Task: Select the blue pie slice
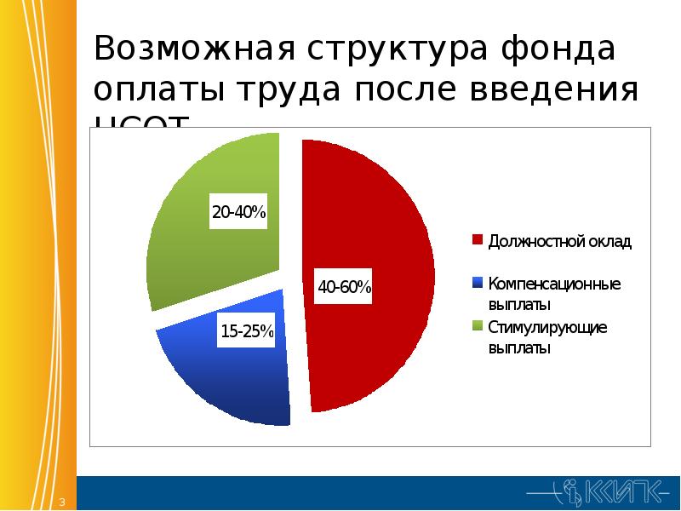click(x=230, y=375)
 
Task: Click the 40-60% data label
click(x=345, y=287)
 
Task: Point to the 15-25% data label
click(x=247, y=331)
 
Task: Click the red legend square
click(x=478, y=240)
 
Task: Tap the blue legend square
click(x=478, y=282)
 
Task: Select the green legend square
click(x=478, y=325)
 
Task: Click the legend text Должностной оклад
click(x=559, y=241)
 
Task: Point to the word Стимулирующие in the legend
click(x=547, y=327)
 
